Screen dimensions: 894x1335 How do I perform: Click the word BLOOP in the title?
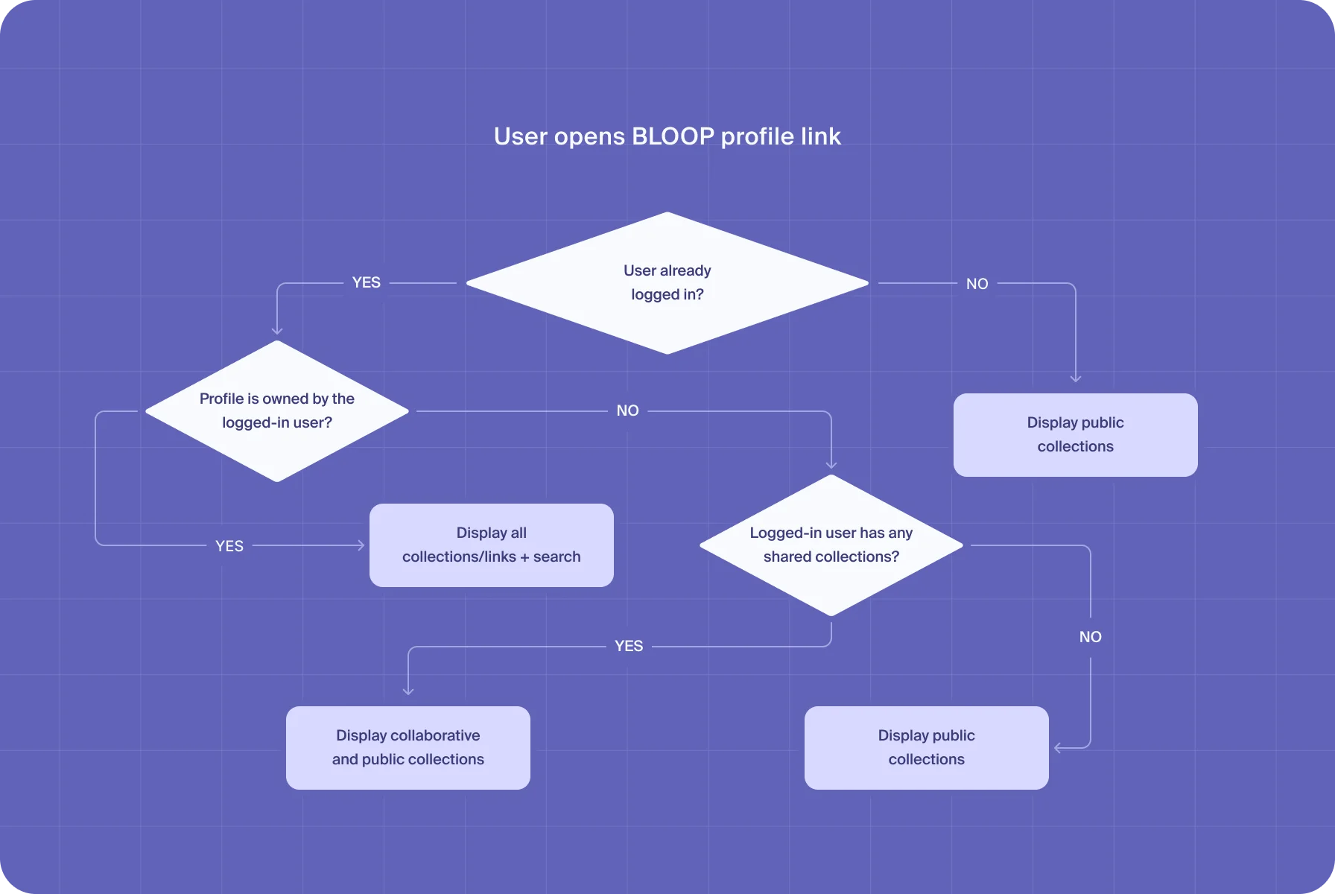tap(673, 136)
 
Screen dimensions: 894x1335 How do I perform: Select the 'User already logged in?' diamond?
tap(667, 282)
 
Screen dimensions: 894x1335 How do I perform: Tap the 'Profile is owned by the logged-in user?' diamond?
tap(277, 410)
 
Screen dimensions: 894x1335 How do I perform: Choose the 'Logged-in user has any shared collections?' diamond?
tap(831, 545)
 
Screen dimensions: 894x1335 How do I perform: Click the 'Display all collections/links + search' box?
tap(491, 545)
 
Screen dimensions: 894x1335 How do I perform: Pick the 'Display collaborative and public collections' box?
tap(408, 747)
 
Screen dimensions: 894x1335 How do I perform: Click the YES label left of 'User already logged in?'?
tap(366, 282)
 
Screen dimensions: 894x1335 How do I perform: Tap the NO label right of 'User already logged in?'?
tap(977, 284)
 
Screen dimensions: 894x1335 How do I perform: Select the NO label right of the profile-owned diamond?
tap(627, 410)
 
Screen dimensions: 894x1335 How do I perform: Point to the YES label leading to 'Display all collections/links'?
tap(229, 546)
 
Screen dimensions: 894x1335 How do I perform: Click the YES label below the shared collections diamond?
tap(628, 646)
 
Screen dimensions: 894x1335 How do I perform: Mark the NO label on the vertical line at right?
tap(1090, 637)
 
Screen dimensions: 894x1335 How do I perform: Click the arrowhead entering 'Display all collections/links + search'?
tap(361, 545)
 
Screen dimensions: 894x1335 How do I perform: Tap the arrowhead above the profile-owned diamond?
tap(277, 331)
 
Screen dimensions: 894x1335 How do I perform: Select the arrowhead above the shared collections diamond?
tap(831, 465)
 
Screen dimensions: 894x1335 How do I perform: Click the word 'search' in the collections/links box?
tap(556, 557)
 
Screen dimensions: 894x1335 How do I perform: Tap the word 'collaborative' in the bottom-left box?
tap(434, 735)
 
